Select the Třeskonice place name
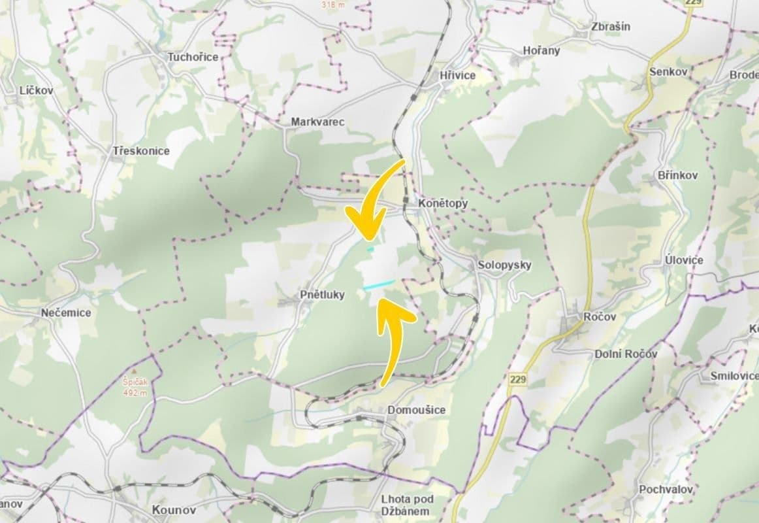point(141,151)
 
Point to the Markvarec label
point(317,122)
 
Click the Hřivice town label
point(457,75)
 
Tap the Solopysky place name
point(504,265)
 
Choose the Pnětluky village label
point(322,295)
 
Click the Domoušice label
point(416,410)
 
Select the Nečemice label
point(66,312)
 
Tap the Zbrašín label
point(610,27)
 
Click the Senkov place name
point(669,72)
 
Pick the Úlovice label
point(684,260)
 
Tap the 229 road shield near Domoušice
point(518,380)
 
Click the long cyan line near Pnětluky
point(379,284)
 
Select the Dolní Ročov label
point(625,354)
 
